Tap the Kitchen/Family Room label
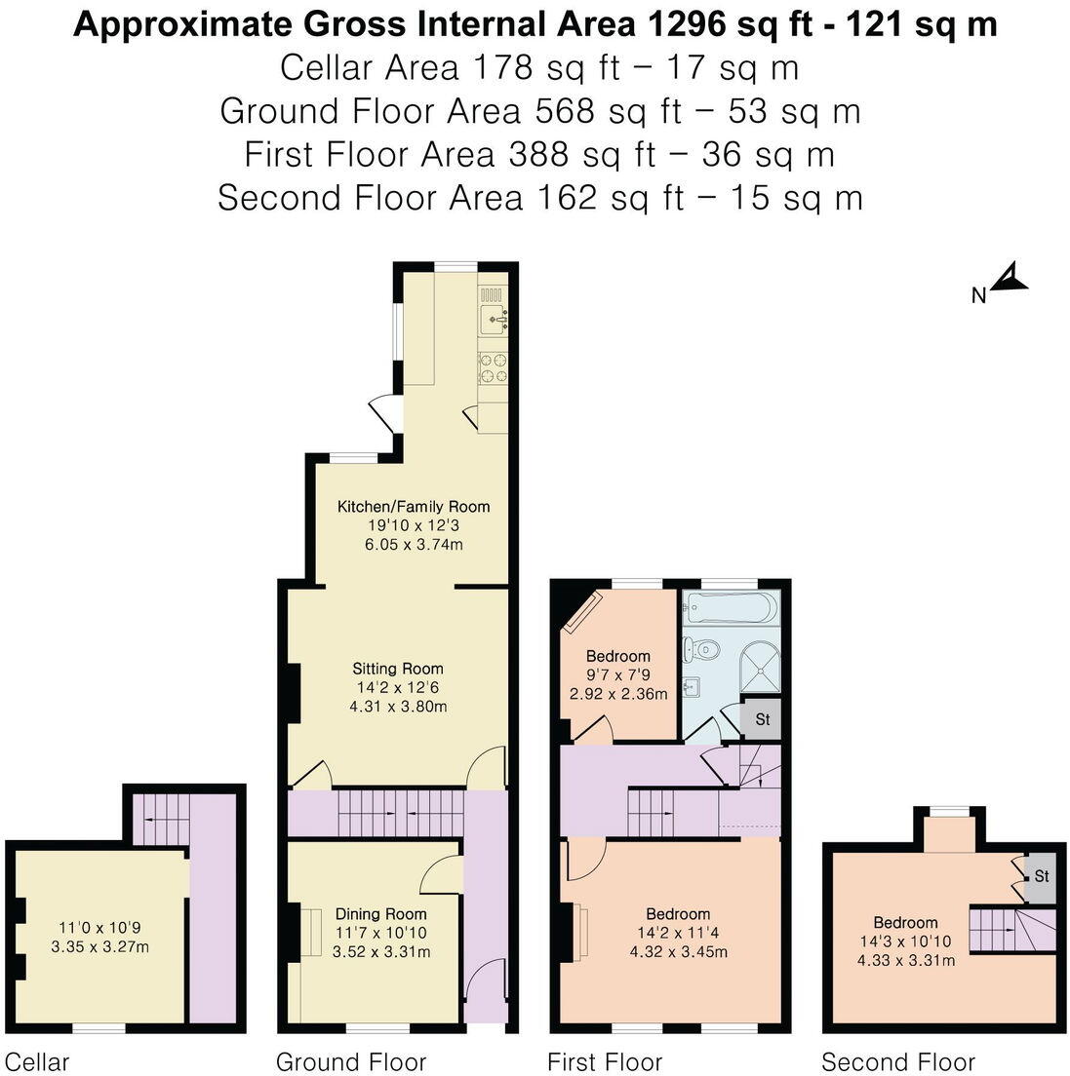click(x=414, y=507)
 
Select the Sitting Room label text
click(x=398, y=669)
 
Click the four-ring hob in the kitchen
click(x=493, y=368)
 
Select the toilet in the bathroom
click(x=700, y=648)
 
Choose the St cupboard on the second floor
click(x=1041, y=876)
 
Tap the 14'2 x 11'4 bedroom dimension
click(x=678, y=933)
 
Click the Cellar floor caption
click(x=37, y=1061)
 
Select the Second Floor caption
click(x=897, y=1061)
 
